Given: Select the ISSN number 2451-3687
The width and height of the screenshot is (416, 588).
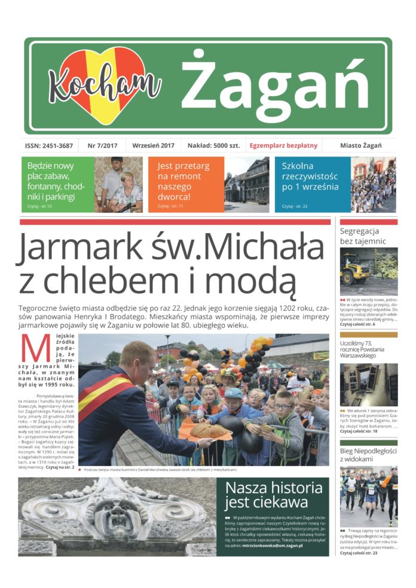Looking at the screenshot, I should [x=49, y=146].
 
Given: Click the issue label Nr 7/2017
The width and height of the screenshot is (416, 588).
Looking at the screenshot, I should [x=102, y=146].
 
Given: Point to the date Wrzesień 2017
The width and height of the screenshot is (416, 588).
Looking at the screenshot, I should [x=152, y=146].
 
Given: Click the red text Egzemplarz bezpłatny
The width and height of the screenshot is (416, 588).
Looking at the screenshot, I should [x=283, y=146].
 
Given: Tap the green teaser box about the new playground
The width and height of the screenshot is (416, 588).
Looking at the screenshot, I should [x=57, y=184].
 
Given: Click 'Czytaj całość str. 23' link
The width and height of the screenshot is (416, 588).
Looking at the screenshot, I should [x=359, y=553].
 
